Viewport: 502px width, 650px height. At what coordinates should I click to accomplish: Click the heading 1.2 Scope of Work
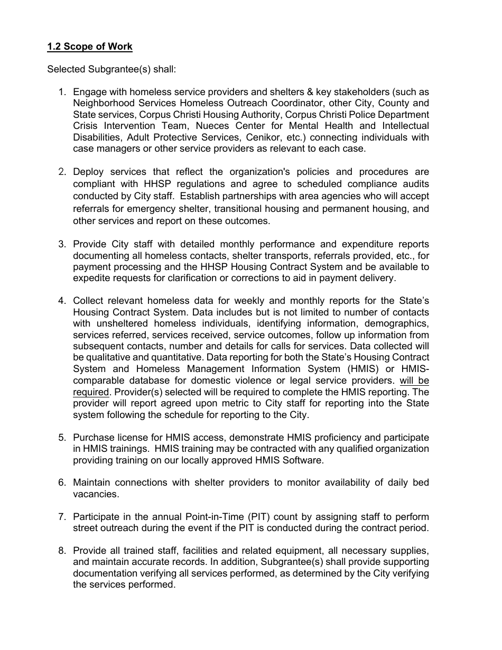(x=90, y=47)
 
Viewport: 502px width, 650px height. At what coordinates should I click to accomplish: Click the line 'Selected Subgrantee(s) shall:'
(x=111, y=69)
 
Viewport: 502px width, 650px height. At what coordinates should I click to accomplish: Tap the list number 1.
(x=62, y=92)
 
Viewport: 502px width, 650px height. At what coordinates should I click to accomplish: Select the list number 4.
(x=62, y=301)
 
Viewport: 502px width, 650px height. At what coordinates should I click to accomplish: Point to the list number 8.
(x=62, y=551)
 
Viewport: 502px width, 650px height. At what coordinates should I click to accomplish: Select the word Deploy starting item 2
(x=88, y=172)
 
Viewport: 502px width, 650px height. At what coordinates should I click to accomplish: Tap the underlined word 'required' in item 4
(x=90, y=392)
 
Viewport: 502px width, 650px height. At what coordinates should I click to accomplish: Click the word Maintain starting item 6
(x=91, y=482)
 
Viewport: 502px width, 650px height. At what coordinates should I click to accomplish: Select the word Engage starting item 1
(x=89, y=92)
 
